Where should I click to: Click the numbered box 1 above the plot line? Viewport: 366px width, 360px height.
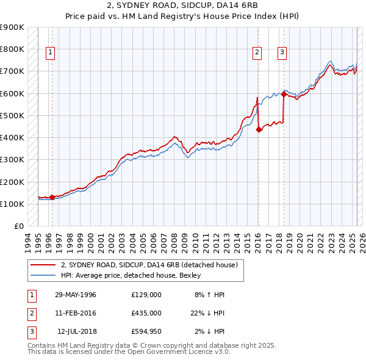click(49, 53)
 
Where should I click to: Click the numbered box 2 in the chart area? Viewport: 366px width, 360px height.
click(257, 53)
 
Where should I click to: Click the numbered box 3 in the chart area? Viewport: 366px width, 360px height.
click(282, 53)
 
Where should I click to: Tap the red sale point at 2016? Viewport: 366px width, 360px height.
click(259, 129)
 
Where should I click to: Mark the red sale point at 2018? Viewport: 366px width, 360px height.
click(284, 95)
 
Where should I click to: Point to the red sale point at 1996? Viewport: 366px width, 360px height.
click(52, 197)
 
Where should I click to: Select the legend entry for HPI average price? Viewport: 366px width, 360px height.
click(131, 275)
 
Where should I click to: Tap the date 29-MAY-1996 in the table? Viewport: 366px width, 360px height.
click(76, 295)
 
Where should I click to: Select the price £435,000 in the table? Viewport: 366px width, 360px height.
click(146, 313)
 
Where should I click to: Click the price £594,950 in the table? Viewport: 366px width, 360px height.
click(146, 331)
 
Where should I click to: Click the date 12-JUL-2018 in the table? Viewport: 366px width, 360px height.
click(77, 331)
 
